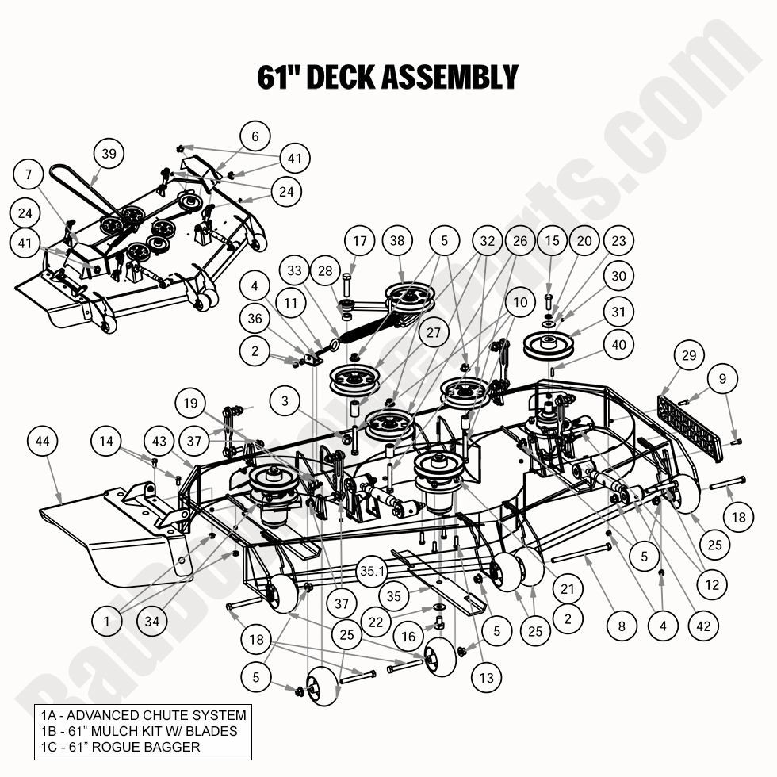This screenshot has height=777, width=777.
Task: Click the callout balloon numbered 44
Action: click(x=44, y=441)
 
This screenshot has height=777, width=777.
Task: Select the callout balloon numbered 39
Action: click(x=109, y=154)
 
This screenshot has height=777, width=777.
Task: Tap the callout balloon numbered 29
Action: click(x=689, y=356)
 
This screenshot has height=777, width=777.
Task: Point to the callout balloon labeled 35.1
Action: click(x=372, y=571)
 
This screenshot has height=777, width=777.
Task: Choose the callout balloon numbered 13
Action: click(x=486, y=677)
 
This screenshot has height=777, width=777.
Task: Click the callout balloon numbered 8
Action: click(x=622, y=626)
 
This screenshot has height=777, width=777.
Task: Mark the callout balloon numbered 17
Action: click(x=361, y=241)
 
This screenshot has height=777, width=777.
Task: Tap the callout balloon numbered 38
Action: click(x=398, y=241)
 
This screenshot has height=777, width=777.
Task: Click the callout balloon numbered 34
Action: click(x=151, y=621)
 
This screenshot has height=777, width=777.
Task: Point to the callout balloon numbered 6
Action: click(x=255, y=136)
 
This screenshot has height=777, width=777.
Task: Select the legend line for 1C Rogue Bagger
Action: click(x=121, y=747)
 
